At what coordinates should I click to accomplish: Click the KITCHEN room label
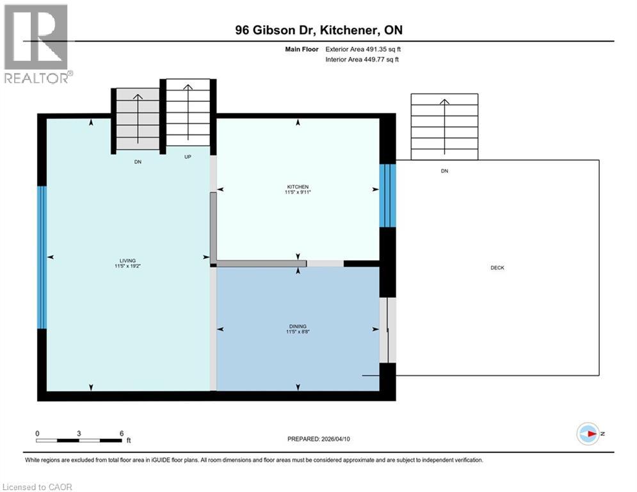pyautogui.click(x=298, y=187)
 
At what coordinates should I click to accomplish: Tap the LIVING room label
pyautogui.click(x=127, y=261)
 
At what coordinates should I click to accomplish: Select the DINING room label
pyautogui.click(x=298, y=326)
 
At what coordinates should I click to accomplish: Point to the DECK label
pyautogui.click(x=497, y=268)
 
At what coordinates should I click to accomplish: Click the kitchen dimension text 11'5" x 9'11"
pyautogui.click(x=298, y=193)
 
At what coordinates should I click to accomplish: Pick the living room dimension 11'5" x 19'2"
pyautogui.click(x=127, y=266)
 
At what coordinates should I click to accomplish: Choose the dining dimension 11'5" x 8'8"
pyautogui.click(x=298, y=332)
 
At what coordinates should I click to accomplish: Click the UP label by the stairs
pyautogui.click(x=188, y=156)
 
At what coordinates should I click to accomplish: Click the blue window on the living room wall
pyautogui.click(x=42, y=257)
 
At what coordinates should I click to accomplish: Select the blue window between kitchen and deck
pyautogui.click(x=387, y=195)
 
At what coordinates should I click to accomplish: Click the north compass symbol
pyautogui.click(x=587, y=434)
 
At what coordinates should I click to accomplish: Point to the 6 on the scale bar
pyautogui.click(x=122, y=433)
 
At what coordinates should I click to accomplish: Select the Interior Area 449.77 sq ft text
pyautogui.click(x=363, y=60)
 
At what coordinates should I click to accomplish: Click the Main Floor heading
pyautogui.click(x=301, y=49)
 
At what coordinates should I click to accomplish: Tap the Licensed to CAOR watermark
pyautogui.click(x=38, y=487)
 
